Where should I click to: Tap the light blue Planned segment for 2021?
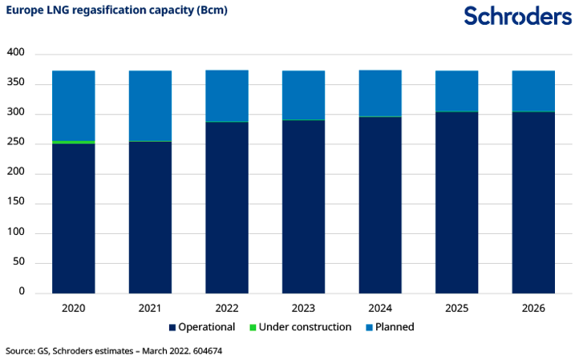coord(150,105)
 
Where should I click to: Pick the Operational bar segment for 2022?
coord(227,208)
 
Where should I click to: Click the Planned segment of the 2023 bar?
coord(303,95)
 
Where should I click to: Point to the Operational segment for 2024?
coord(380,205)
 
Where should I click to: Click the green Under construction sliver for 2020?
coord(73,142)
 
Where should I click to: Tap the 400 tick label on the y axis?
coord(16,53)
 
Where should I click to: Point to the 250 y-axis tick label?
coord(16,143)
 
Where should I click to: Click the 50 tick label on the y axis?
coord(18,262)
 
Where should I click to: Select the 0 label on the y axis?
coord(22,292)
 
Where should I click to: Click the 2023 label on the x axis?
coord(303,308)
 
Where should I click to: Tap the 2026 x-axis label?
coord(533,308)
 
